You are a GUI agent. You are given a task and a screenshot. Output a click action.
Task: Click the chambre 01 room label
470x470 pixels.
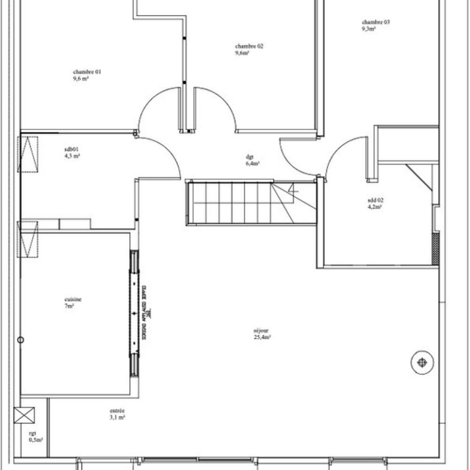click(x=87, y=72)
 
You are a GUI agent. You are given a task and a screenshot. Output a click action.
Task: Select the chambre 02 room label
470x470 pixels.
click(x=249, y=46)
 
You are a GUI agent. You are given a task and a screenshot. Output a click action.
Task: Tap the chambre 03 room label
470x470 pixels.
click(x=376, y=22)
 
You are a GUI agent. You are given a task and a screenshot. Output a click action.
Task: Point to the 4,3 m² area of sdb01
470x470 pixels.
click(x=72, y=156)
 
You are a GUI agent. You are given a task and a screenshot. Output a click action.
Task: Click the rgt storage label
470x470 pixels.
click(x=32, y=434)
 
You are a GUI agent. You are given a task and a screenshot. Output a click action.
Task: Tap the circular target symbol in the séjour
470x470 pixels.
click(x=422, y=362)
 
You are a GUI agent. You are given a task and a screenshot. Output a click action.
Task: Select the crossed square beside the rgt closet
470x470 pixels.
click(x=25, y=415)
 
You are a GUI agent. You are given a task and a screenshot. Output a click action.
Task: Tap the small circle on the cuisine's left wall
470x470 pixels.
click(x=20, y=340)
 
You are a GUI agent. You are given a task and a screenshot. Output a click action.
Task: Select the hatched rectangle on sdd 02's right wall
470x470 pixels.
click(x=435, y=248)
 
